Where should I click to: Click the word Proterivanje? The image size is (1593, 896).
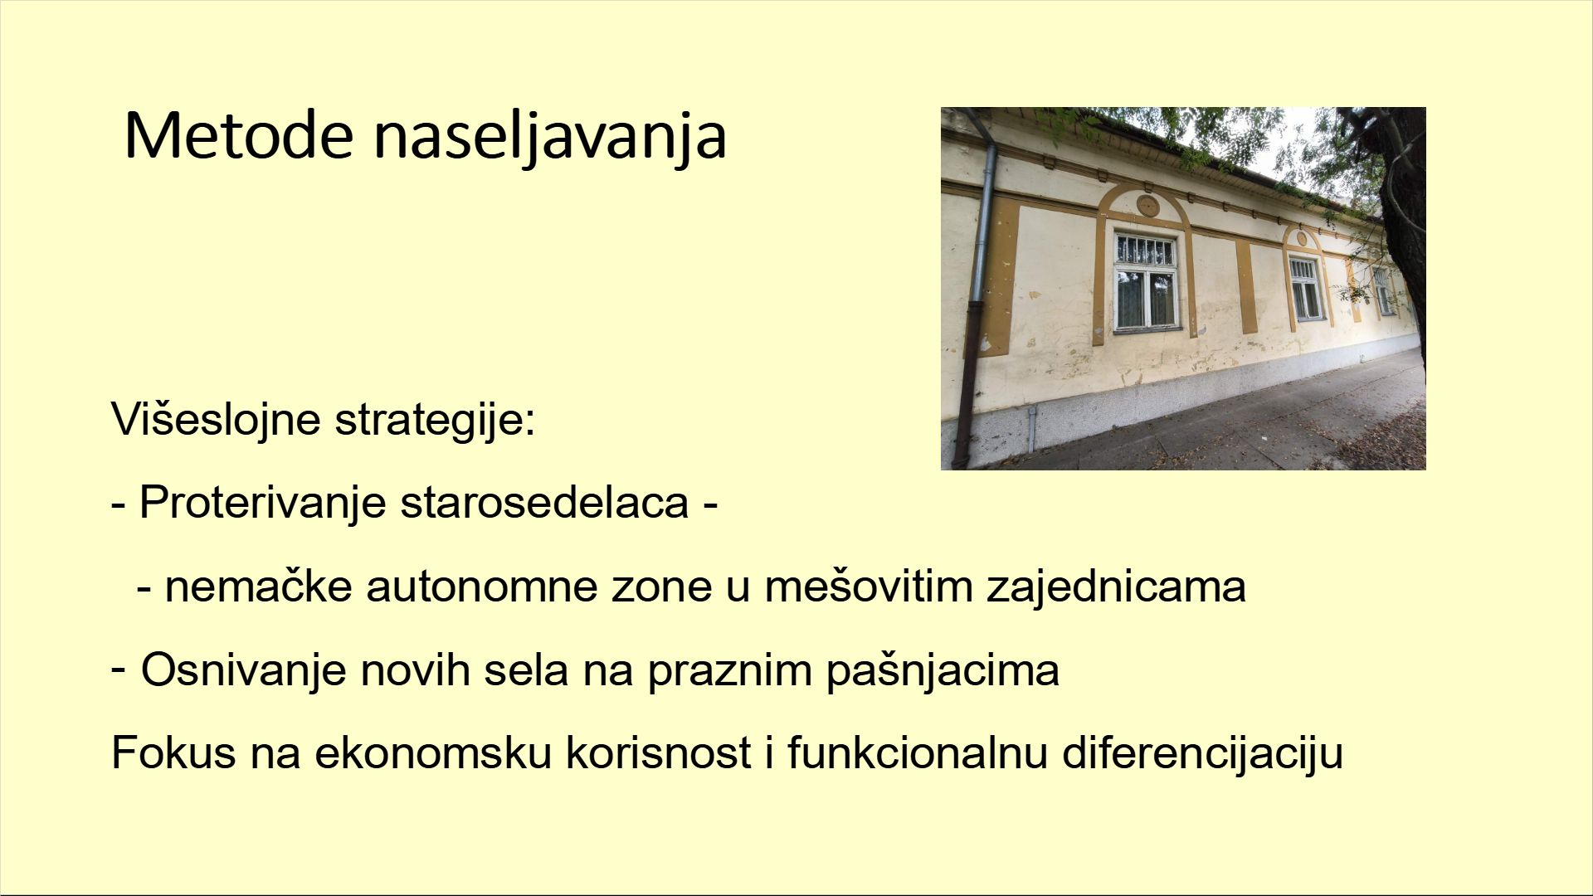[x=262, y=503]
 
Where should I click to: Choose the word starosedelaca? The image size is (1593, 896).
[x=544, y=502]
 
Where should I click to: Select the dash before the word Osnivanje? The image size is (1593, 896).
[x=119, y=666]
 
